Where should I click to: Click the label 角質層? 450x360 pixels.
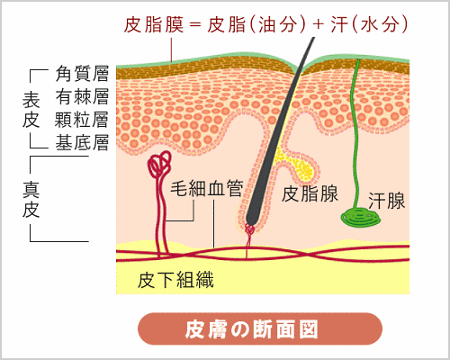[x=82, y=74]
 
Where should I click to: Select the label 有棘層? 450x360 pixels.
[x=82, y=96]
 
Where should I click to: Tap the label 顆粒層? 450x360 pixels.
[x=81, y=120]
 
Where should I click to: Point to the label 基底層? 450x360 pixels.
[x=82, y=142]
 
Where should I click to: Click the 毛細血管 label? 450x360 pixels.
[x=207, y=188]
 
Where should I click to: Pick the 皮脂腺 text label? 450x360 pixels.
[x=310, y=193]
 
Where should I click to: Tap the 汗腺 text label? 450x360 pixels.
[x=386, y=201]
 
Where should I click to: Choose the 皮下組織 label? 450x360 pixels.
[x=175, y=280]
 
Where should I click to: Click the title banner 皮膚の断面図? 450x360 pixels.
[x=251, y=329]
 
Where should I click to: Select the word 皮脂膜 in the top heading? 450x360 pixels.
[x=154, y=24]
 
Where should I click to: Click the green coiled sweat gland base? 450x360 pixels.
[x=361, y=218]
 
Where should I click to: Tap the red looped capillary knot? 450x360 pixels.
[x=159, y=164]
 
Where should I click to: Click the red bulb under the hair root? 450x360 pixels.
[x=250, y=229]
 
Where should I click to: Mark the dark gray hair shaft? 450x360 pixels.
[x=281, y=130]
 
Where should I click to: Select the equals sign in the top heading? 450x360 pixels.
[x=195, y=25]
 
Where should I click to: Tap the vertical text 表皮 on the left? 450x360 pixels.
[x=31, y=110]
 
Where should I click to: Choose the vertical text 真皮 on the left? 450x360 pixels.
[x=31, y=200]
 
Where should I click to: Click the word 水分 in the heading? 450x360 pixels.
[x=380, y=24]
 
